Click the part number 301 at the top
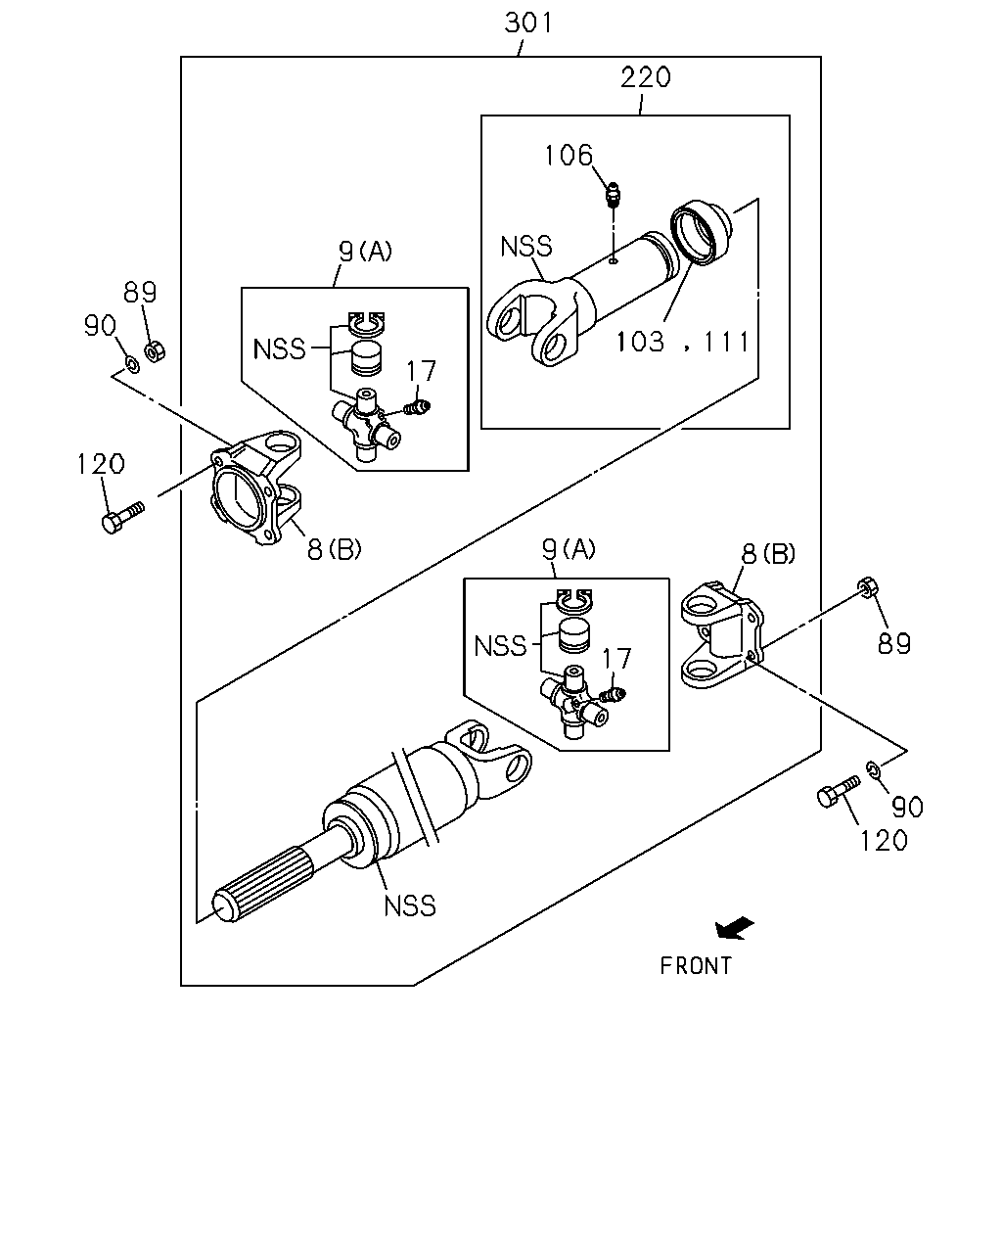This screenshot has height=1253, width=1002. click(x=528, y=23)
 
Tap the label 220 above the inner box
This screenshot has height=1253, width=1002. click(x=645, y=77)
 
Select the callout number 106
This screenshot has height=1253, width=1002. click(x=569, y=156)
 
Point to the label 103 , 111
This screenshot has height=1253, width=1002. click(x=682, y=342)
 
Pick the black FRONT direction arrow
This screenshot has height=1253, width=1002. click(x=734, y=928)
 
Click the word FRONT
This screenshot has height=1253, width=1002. click(x=695, y=966)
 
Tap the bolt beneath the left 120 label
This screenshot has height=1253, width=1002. click(x=122, y=517)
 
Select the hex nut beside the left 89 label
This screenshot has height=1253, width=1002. click(x=155, y=351)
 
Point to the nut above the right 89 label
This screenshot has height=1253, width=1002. click(x=867, y=587)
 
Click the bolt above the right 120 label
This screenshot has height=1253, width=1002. click(x=839, y=791)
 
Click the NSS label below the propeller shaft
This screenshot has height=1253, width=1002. click(x=410, y=906)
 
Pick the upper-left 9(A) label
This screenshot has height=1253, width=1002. click(x=366, y=252)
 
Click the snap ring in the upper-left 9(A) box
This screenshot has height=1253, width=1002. click(x=366, y=323)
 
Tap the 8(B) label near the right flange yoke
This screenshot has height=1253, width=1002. click(x=768, y=554)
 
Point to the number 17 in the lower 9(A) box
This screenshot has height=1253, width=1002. click(x=616, y=659)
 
